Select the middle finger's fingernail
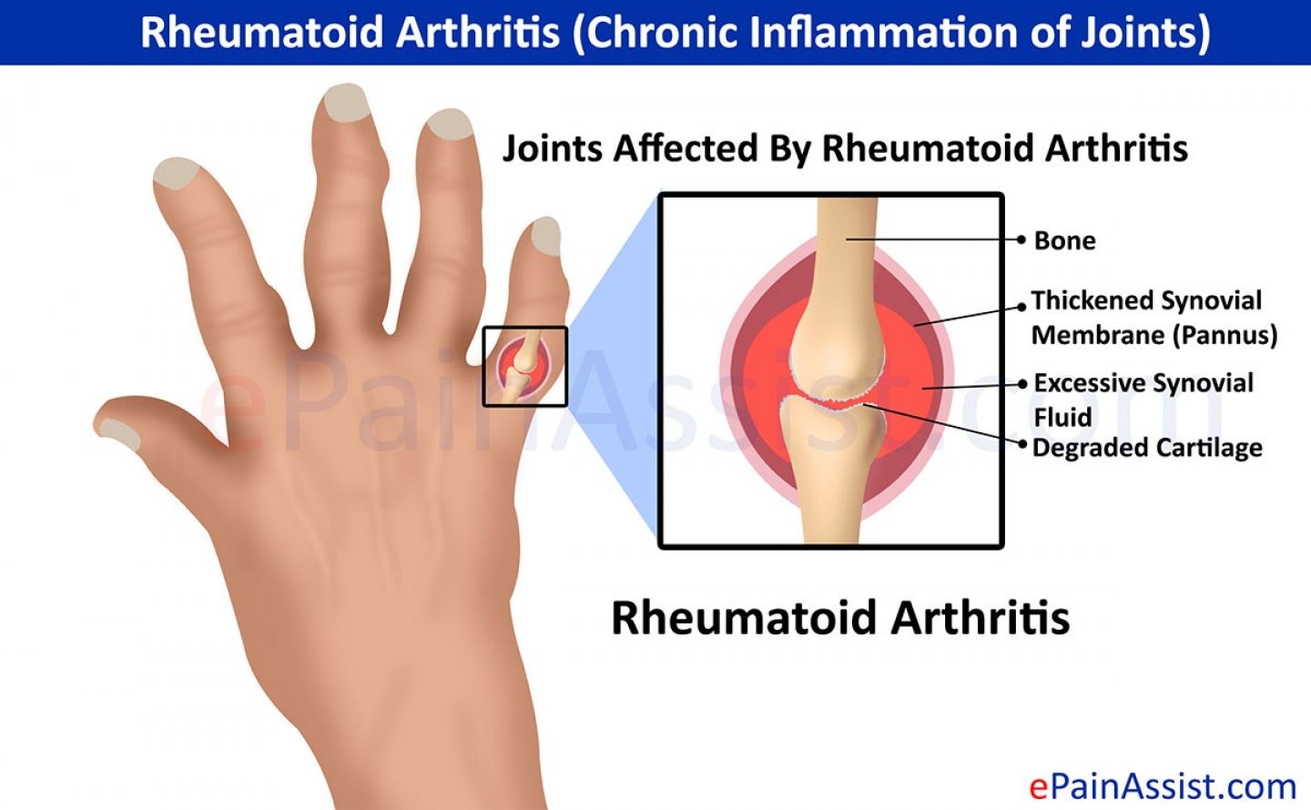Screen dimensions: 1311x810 click(347, 102)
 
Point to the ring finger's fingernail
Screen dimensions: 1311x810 click(450, 124)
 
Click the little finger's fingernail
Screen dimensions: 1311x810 click(545, 236)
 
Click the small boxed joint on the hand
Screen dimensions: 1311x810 click(525, 367)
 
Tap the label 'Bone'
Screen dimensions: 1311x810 click(1064, 240)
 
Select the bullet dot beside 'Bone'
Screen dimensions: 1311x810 click(1021, 239)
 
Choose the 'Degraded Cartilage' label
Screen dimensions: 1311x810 click(1147, 448)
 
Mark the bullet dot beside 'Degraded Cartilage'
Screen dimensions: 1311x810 click(1022, 444)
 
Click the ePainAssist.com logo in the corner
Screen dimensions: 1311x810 click(1163, 786)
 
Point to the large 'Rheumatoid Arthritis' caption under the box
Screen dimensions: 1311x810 click(840, 618)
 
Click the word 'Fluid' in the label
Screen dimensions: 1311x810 click(1062, 418)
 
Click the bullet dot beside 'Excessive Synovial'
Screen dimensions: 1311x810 click(1022, 384)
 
